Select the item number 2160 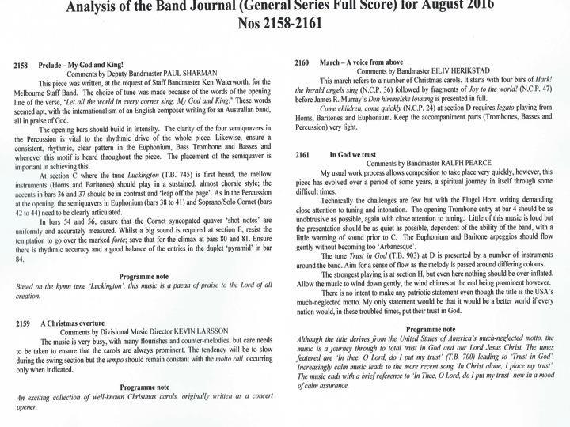[x=303, y=61]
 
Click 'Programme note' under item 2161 [x=431, y=325]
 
